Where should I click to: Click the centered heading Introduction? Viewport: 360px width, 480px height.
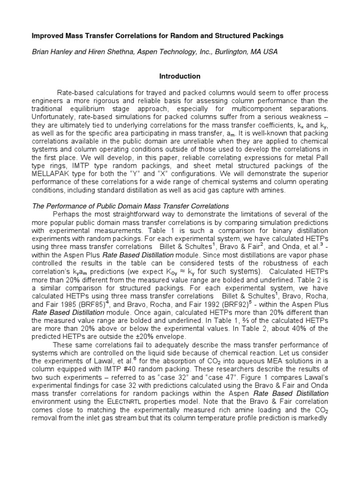tap(180, 76)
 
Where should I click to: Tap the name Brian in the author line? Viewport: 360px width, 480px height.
tap(41, 52)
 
